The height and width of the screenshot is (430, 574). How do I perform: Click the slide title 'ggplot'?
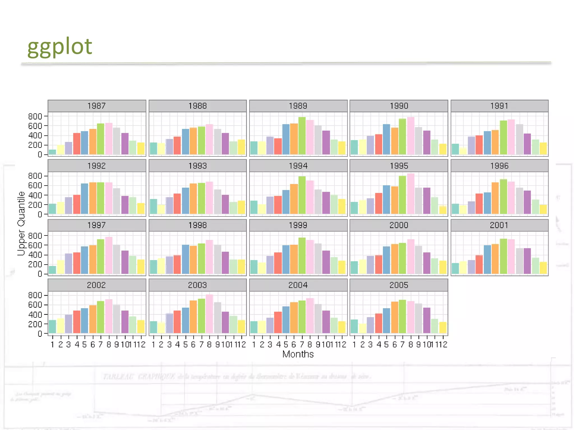60,46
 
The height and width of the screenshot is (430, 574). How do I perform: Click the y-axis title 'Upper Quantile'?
21,223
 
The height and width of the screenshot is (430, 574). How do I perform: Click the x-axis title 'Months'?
298,354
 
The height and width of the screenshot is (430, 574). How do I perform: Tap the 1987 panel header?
97,106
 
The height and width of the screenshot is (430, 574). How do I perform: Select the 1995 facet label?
399,166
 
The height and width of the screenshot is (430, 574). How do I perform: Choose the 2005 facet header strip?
399,285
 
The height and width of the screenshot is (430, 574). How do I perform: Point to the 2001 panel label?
499,225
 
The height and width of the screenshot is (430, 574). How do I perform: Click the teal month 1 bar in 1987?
52,152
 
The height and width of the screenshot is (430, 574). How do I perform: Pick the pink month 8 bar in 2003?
209,314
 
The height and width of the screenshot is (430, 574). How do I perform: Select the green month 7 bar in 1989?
302,136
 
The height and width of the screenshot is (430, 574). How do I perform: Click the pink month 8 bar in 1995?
411,194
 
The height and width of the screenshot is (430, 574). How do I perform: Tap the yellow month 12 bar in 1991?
543,149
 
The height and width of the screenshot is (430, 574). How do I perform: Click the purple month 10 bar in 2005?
427,320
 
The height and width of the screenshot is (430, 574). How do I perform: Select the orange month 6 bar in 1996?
495,198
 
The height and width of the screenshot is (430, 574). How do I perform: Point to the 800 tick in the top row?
35,116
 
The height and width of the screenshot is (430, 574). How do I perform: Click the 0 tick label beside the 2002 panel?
40,334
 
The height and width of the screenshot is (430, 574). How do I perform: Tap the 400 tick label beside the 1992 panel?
35,195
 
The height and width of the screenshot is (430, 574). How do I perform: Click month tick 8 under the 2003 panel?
209,345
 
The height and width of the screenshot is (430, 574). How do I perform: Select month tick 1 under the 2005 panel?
354,345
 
